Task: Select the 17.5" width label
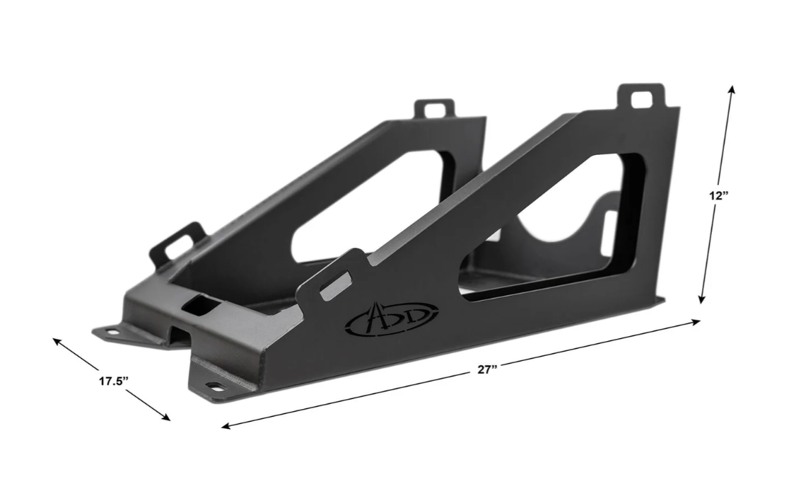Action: point(113,381)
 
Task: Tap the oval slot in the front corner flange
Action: point(213,385)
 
